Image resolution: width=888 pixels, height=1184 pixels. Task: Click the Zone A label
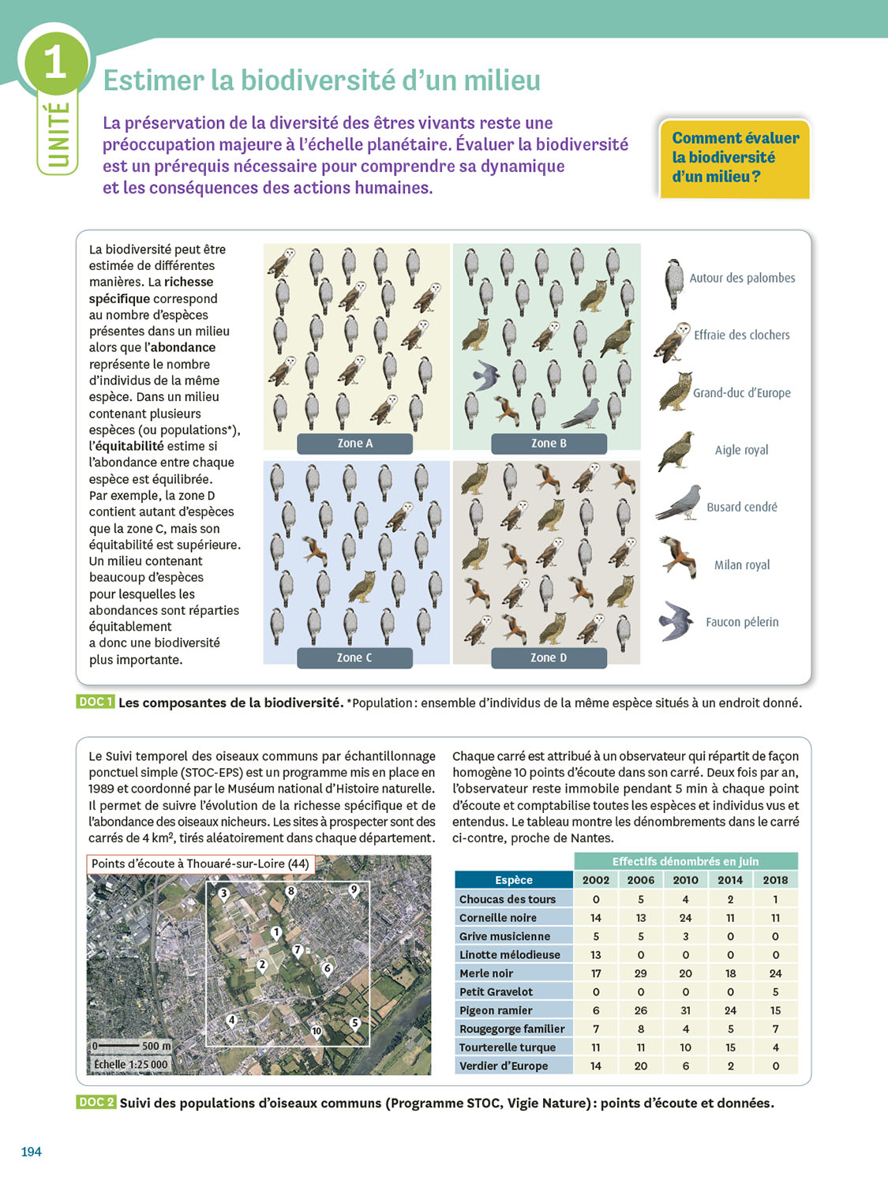point(354,444)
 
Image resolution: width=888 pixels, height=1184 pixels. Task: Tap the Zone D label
point(549,658)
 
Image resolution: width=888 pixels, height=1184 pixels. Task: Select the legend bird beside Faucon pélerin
point(676,621)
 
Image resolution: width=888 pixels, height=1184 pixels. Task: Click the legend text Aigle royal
point(741,450)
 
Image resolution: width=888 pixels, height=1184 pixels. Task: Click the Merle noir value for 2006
point(640,973)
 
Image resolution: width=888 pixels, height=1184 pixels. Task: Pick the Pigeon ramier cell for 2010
point(685,1010)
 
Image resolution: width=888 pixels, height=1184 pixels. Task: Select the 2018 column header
point(775,880)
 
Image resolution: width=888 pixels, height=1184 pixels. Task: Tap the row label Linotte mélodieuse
point(510,954)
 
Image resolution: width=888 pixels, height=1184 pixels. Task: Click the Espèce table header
point(514,880)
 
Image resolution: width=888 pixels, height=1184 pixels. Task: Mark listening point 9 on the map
point(354,890)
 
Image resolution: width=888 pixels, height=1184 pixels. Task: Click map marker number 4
point(231,1020)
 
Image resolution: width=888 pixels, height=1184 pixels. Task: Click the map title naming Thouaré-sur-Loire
point(200,864)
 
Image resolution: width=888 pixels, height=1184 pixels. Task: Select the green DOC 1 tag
point(96,702)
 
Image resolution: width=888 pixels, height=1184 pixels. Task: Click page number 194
point(31,1152)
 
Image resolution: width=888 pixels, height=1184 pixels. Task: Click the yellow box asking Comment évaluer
point(735,158)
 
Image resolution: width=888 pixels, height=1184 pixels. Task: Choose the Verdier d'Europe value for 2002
point(596,1066)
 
